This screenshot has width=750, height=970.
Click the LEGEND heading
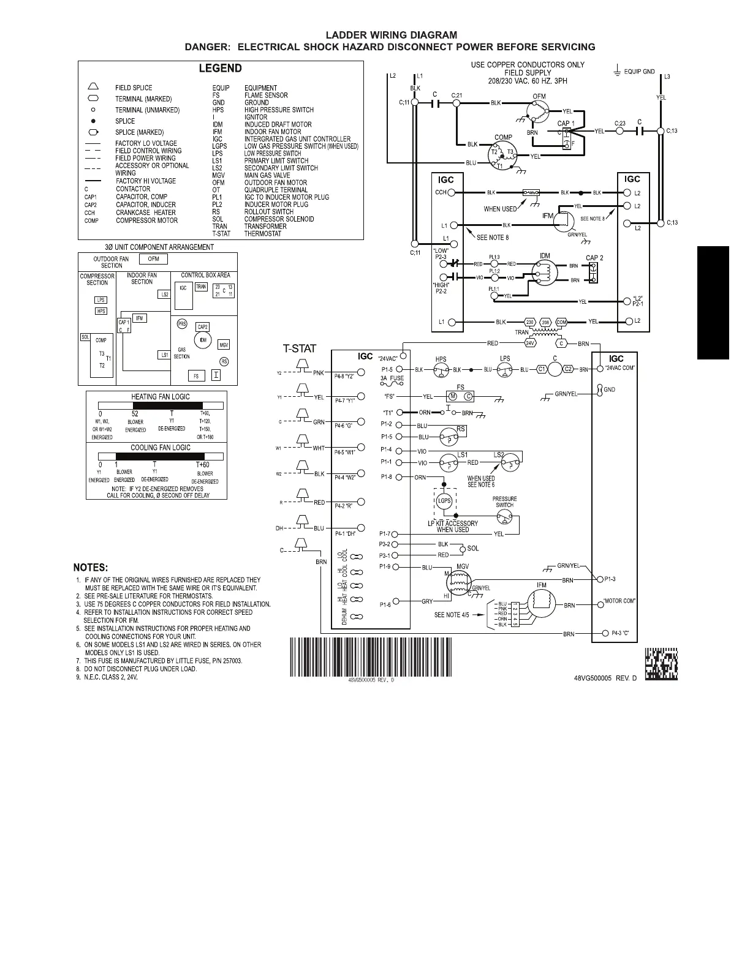click(220, 69)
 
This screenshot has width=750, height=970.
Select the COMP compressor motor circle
click(502, 154)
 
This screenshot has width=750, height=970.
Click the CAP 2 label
click(594, 258)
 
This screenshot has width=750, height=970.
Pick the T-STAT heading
click(299, 349)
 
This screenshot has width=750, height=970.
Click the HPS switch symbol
click(441, 370)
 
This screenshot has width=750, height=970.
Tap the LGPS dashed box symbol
click(444, 501)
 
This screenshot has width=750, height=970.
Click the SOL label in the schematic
click(473, 549)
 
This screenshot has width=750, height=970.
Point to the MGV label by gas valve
click(463, 567)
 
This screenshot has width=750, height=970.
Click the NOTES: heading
click(91, 567)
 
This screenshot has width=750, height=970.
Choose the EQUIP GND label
click(639, 72)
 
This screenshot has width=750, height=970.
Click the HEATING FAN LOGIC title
click(161, 397)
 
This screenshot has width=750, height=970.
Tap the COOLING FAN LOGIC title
click(161, 448)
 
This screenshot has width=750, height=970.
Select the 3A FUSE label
click(392, 378)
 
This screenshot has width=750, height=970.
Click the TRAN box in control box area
click(201, 287)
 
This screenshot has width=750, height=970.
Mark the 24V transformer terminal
click(530, 344)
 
